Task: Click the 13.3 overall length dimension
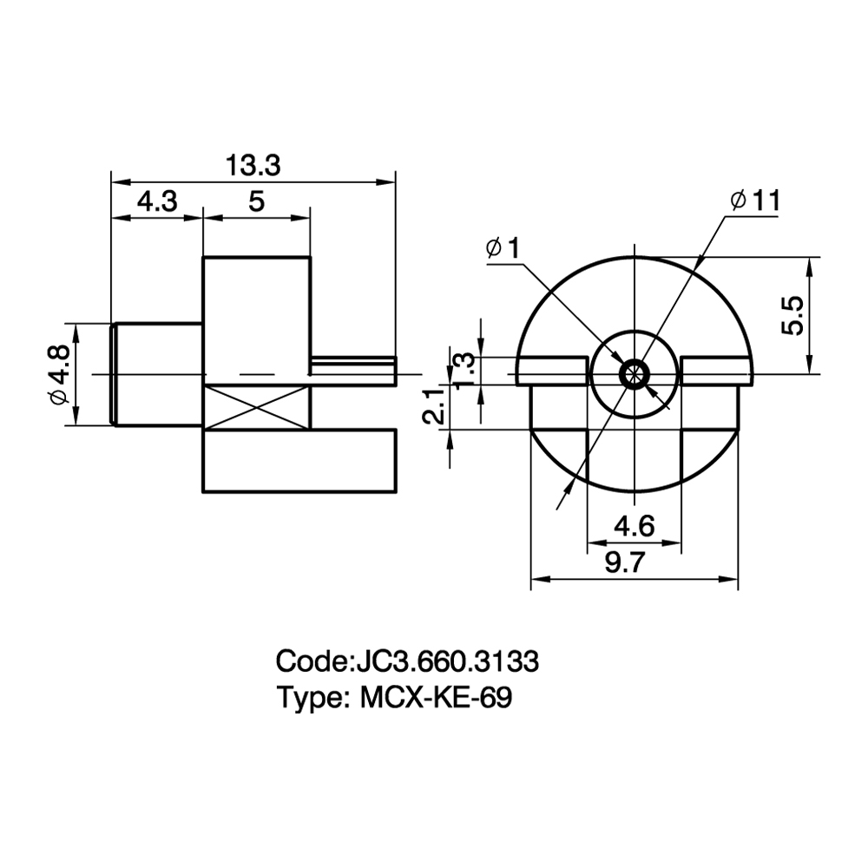point(253,166)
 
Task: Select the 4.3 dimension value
point(157,201)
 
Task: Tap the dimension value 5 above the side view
point(256,201)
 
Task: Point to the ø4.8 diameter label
point(59,374)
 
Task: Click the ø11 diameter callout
point(756,201)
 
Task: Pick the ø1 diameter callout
point(503,248)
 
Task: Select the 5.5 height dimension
point(792,316)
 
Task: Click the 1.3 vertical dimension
point(464,372)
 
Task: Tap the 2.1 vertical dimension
point(433,405)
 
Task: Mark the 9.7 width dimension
point(625,563)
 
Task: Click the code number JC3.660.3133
point(445,661)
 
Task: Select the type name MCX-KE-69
point(437,698)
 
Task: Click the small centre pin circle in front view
point(635,374)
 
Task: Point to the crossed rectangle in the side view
point(257,408)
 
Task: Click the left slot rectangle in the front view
point(551,372)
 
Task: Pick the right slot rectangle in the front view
point(718,372)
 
